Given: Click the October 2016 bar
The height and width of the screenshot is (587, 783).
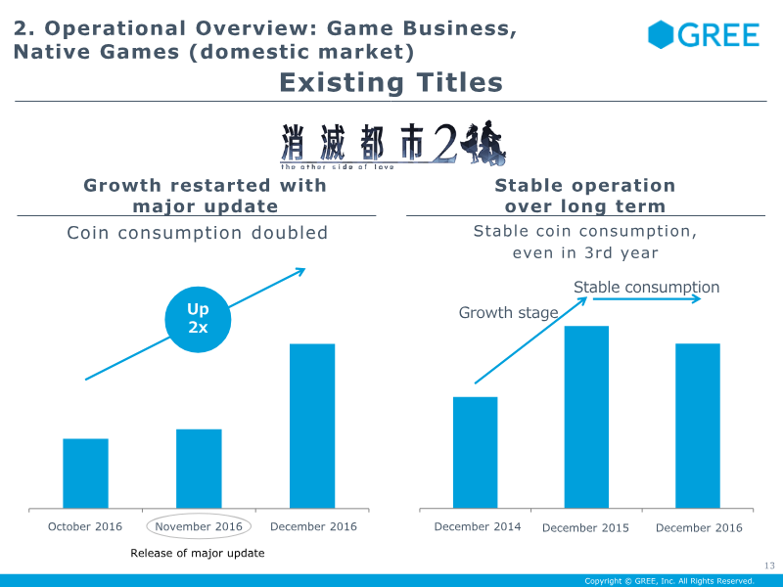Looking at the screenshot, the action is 85,474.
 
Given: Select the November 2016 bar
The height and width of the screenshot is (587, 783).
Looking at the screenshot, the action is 199,469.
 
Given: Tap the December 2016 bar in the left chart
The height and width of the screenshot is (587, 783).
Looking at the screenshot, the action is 312,426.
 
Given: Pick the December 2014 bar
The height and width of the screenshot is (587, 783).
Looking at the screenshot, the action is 476,453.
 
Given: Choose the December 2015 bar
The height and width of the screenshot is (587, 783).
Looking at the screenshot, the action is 586,417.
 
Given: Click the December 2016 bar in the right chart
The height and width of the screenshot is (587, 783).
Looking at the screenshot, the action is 698,426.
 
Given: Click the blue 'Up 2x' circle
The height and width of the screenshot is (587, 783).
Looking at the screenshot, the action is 198,320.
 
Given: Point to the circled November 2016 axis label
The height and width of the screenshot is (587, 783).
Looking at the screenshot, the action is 199,526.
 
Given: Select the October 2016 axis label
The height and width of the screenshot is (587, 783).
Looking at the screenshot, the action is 85,526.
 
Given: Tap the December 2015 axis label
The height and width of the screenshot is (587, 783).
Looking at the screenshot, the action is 585,527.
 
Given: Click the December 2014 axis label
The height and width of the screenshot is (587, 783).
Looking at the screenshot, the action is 478,526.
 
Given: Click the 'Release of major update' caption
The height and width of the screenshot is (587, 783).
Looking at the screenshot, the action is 198,553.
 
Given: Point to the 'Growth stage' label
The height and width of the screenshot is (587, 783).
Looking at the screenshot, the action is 508,312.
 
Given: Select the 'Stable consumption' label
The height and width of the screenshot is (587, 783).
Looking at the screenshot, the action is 646,287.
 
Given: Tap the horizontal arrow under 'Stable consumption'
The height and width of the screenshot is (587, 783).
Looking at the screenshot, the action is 647,299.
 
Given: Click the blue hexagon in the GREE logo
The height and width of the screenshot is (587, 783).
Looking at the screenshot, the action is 661,34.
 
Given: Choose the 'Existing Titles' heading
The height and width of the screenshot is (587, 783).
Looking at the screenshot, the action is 391,82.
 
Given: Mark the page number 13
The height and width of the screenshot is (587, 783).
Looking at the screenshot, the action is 769,565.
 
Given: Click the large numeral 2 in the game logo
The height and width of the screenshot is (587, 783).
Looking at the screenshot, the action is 444,143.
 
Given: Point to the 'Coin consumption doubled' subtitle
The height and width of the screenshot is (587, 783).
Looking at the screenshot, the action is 198,233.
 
